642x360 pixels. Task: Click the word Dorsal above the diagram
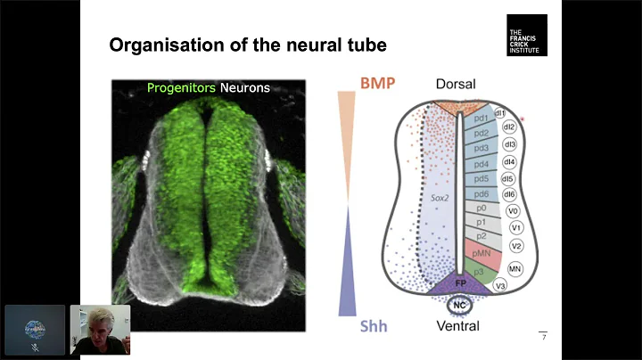(x=456, y=85)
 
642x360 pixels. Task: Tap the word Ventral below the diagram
(x=457, y=326)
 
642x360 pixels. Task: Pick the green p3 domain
(x=479, y=269)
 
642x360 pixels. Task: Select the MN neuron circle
(x=515, y=267)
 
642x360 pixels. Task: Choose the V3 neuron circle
(x=500, y=285)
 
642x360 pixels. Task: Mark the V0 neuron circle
(x=513, y=211)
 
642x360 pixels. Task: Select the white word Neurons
(x=246, y=88)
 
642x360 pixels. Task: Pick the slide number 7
(x=543, y=336)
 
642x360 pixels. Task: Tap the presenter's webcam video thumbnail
(x=100, y=330)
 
